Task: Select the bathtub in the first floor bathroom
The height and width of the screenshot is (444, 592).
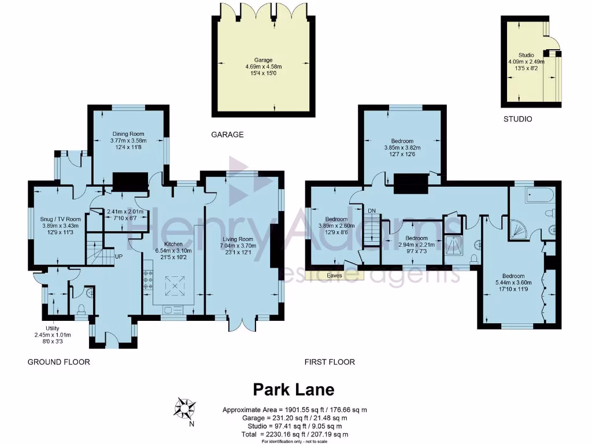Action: pyautogui.click(x=539, y=197)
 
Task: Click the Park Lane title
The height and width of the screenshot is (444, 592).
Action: pyautogui.click(x=294, y=389)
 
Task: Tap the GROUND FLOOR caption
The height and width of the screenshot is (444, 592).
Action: pyautogui.click(x=59, y=362)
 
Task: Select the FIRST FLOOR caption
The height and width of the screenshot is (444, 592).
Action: pyautogui.click(x=330, y=362)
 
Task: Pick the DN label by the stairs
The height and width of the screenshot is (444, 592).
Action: pyautogui.click(x=372, y=211)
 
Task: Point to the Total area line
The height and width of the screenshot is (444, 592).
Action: pyautogui.click(x=295, y=434)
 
